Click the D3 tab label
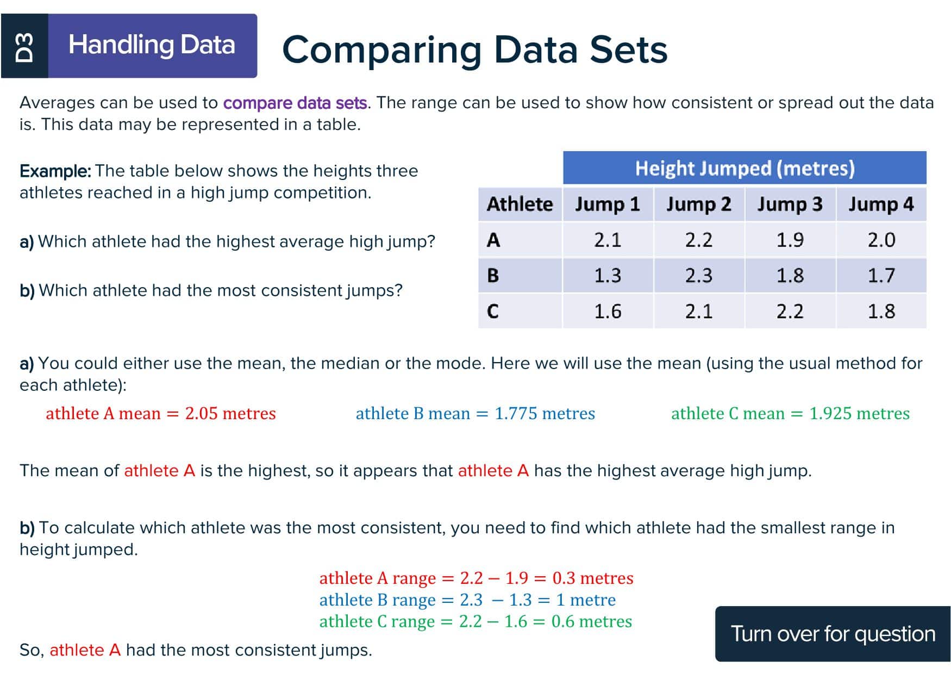(24, 46)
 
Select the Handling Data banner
(153, 46)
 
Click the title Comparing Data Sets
(474, 49)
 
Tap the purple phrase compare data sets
(295, 103)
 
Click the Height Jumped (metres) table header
(744, 168)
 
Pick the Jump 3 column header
(790, 204)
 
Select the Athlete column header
(520, 204)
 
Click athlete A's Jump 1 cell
(608, 240)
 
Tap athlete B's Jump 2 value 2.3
(698, 276)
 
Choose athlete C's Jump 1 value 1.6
(608, 311)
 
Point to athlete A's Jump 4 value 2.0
(881, 240)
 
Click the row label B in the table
(493, 276)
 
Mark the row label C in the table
(493, 311)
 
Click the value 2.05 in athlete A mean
(201, 413)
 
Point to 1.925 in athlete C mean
(830, 413)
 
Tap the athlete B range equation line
(467, 600)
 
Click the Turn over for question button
(833, 634)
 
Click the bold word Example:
(55, 171)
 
